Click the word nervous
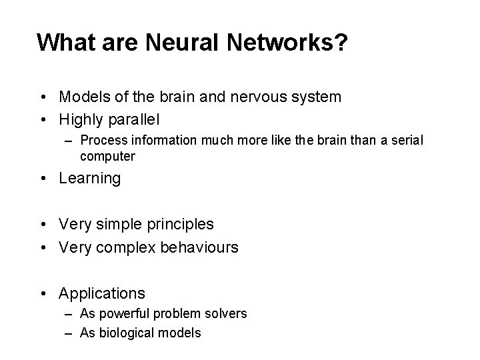[267, 97]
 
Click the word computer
[107, 156]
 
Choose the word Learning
[90, 179]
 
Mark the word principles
[176, 225]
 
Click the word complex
[121, 247]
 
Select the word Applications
[102, 293]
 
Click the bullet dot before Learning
[43, 179]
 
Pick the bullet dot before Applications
[43, 293]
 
